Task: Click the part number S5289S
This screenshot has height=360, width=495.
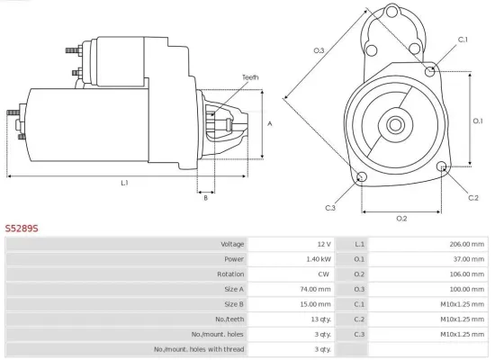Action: (22, 229)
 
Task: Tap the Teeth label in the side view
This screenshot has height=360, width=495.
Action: (249, 77)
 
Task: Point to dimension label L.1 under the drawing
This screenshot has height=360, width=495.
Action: (124, 184)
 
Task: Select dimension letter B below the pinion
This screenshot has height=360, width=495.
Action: (205, 198)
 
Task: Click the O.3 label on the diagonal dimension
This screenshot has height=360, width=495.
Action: (319, 50)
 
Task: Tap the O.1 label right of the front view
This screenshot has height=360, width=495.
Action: (478, 120)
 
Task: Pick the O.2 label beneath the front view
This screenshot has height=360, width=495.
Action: (401, 218)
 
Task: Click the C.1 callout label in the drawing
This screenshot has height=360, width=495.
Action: (463, 40)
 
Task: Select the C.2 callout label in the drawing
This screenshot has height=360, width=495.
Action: (473, 197)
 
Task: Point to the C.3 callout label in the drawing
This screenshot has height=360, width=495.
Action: (330, 209)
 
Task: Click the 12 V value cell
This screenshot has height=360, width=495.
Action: (323, 244)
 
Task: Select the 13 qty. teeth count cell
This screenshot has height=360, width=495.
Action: (320, 319)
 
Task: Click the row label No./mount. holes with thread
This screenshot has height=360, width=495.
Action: (198, 348)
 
